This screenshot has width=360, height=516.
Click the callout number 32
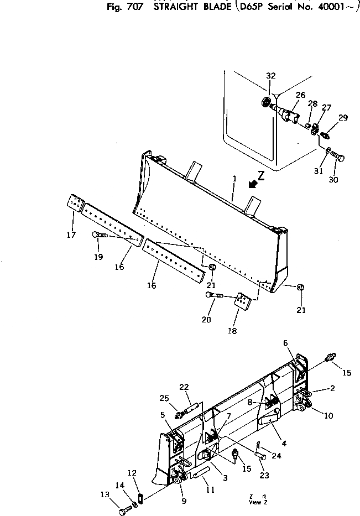click(270, 76)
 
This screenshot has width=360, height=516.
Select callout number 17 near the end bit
click(71, 235)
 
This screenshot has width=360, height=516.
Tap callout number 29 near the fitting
click(343, 117)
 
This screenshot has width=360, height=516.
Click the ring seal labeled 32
click(267, 103)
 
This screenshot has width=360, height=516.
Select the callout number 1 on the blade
click(234, 179)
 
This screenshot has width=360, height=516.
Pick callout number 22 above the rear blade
click(184, 387)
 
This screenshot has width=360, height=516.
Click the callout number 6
click(286, 343)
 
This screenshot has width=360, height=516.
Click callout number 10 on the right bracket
click(328, 415)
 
